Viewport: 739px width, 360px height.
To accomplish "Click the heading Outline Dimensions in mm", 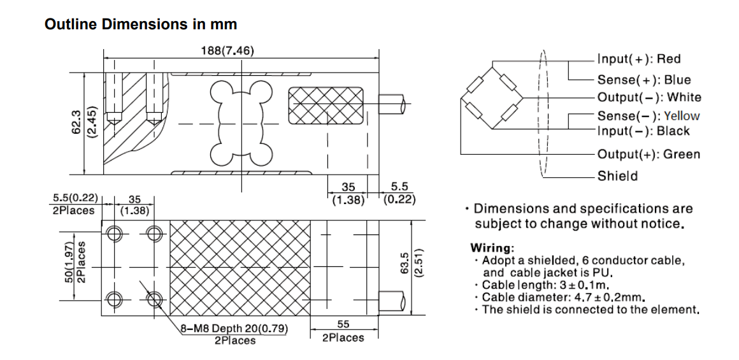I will click(x=141, y=24).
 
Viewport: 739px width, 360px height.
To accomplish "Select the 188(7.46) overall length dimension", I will click(x=227, y=51).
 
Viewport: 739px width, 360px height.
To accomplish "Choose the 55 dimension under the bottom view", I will click(x=343, y=324).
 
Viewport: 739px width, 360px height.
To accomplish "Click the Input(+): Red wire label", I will click(x=638, y=59).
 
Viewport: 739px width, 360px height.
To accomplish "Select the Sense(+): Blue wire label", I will click(x=643, y=80).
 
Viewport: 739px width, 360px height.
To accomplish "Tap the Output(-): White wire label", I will click(x=649, y=97).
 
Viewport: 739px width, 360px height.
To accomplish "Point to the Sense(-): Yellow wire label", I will click(x=648, y=116).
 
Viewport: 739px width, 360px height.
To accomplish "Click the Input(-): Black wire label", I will click(x=643, y=131).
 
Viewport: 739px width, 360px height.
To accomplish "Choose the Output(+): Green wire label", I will click(x=649, y=154).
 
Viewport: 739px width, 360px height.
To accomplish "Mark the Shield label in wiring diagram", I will click(x=617, y=176).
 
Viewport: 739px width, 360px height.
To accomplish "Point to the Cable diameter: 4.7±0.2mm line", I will click(x=563, y=298).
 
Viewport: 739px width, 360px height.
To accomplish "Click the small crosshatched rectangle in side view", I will click(x=326, y=106).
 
